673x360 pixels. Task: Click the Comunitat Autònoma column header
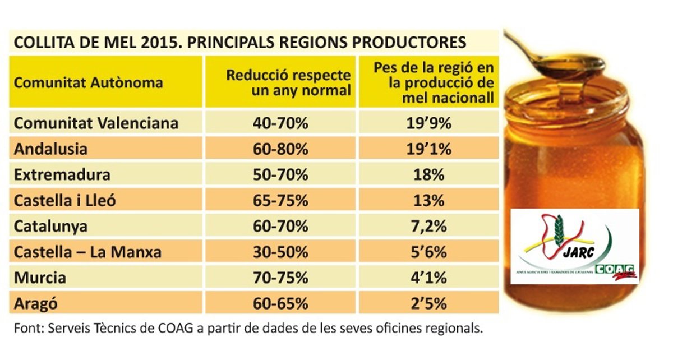[x=89, y=83]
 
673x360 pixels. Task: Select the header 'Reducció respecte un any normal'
[x=289, y=82]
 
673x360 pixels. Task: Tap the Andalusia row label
[x=51, y=149]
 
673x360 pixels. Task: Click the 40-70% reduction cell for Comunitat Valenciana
[x=280, y=123]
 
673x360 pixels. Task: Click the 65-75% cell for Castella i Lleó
[x=280, y=200]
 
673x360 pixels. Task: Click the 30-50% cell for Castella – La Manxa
[x=280, y=252]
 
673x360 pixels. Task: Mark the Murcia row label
[x=40, y=278]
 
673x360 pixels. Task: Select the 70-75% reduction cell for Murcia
[x=280, y=278]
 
